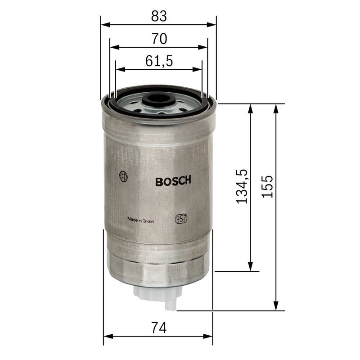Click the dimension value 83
pos(159,16)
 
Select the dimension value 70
pos(159,39)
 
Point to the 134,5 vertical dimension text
pos(242,186)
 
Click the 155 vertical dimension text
pos(267,186)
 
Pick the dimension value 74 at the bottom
pos(159,328)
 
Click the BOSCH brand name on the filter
pos(173,181)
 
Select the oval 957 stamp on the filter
pos(181,219)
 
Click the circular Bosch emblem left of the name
pos(123,177)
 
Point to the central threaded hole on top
pos(157,100)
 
